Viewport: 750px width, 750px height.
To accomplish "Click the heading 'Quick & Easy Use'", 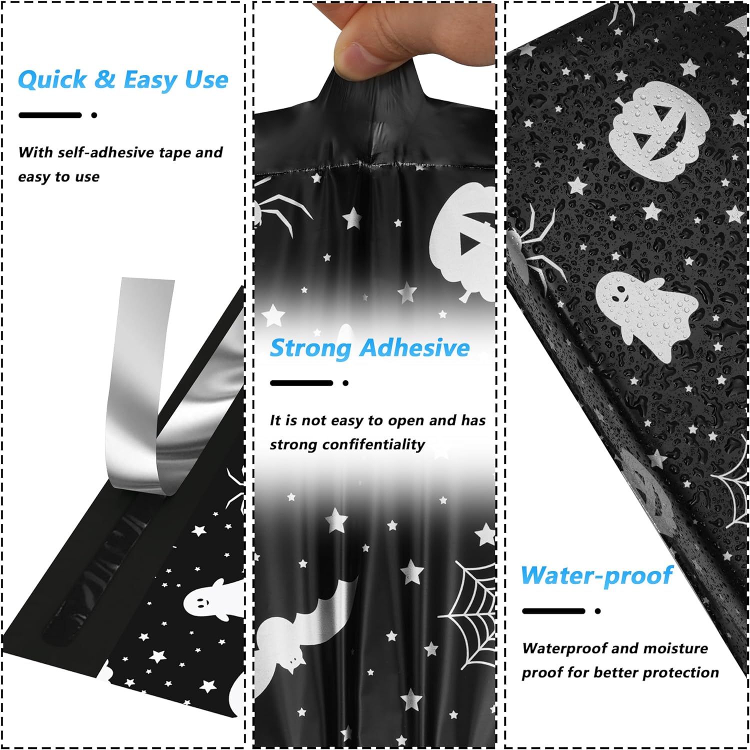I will [x=123, y=80].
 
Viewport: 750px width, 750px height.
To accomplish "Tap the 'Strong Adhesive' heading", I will [x=369, y=348].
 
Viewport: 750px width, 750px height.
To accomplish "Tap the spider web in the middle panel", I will [x=472, y=610].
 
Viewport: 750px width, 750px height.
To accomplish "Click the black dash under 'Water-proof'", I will [x=553, y=611].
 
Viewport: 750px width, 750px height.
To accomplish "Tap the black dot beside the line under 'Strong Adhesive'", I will [x=345, y=383].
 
